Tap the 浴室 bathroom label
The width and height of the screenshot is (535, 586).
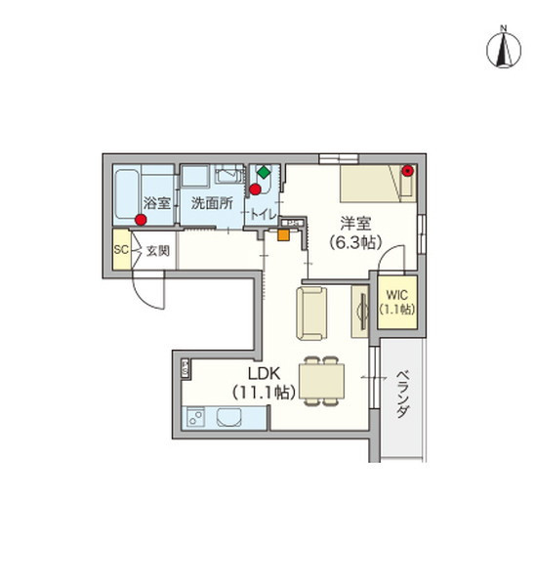157,203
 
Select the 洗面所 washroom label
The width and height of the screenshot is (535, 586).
210,203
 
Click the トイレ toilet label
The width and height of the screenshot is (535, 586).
262,214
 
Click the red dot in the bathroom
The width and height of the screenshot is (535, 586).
143,221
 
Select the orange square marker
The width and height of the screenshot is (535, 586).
283,233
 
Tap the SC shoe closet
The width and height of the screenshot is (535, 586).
121,249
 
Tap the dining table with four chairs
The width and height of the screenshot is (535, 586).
321,380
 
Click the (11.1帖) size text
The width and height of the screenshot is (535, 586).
262,393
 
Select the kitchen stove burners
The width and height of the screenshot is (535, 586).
194,420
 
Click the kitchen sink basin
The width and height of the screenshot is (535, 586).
230,420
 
